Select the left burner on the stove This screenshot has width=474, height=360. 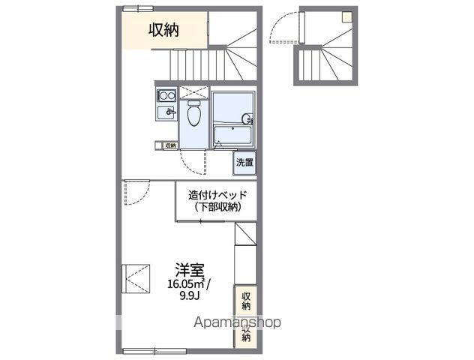click(x=162, y=95)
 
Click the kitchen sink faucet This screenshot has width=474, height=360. click(x=170, y=112)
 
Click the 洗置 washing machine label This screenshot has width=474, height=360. click(x=245, y=162)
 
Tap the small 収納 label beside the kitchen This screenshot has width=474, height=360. click(x=170, y=145)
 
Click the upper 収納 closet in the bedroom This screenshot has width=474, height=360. click(x=245, y=300)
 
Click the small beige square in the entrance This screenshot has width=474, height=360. click(x=347, y=15)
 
